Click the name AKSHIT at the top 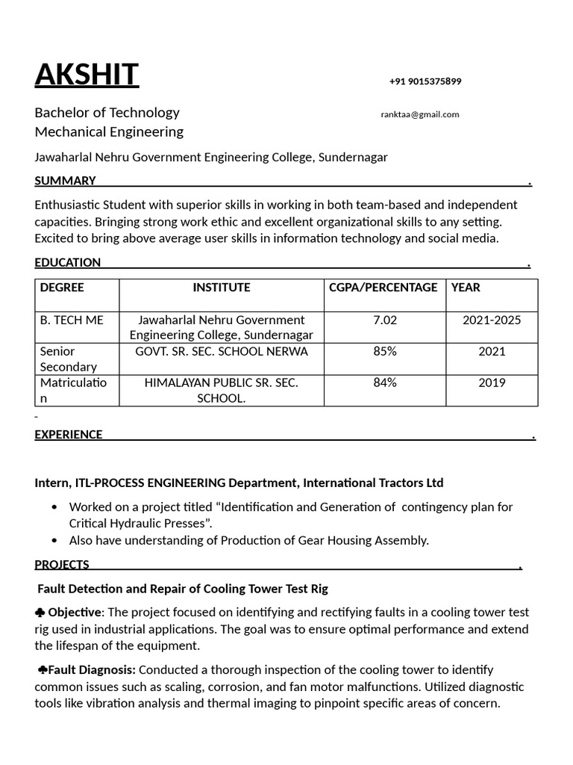pos(87,75)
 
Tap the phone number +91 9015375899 pos(425,81)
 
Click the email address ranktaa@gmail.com pos(420,114)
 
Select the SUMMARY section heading pos(65,181)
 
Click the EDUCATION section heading pos(67,262)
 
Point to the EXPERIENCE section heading pos(69,435)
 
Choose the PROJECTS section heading pos(62,565)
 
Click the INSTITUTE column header pos(222,288)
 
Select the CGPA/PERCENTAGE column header pos(383,288)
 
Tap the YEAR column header pos(466,288)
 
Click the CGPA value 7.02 pos(385,320)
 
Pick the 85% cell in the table pos(385,351)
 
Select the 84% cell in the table pos(385,382)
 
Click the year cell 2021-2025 pos(492,320)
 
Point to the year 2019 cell pos(492,382)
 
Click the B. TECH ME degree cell pos(72,320)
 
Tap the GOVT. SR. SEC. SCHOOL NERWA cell pos(222,351)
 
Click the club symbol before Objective pos(40,613)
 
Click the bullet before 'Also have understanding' pos(54,541)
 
